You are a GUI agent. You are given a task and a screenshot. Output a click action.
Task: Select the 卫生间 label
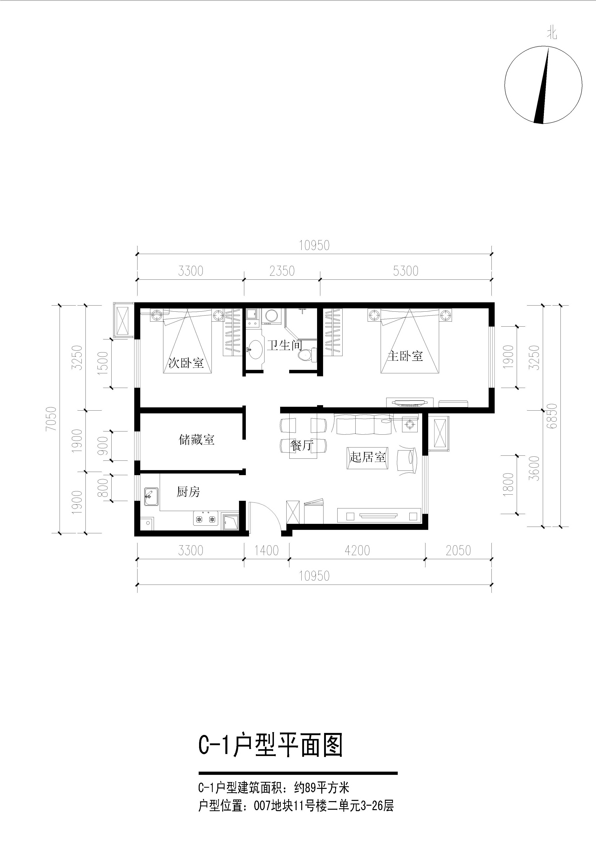(284, 345)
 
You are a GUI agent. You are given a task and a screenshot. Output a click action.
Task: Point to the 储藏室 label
(197, 439)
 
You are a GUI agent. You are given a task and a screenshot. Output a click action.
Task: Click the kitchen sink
(151, 497)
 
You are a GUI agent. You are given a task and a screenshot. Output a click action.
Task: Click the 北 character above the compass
(552, 34)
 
